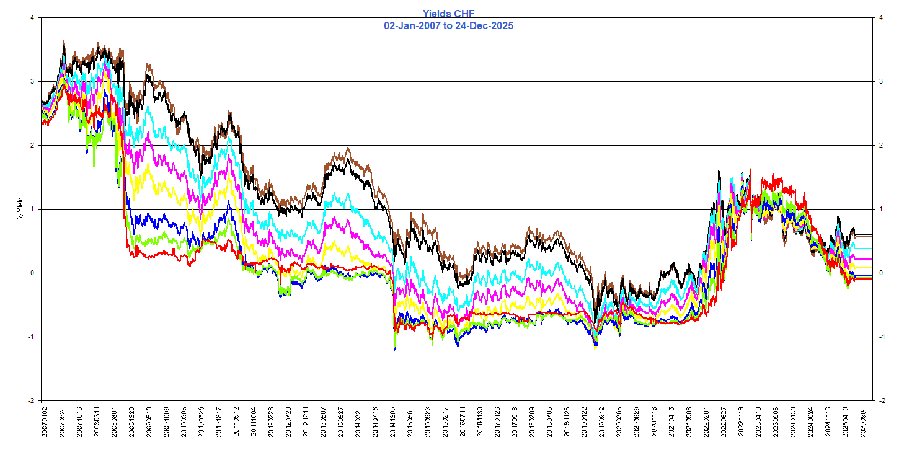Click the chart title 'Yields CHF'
click(x=449, y=13)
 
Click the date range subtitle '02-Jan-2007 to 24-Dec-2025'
click(x=449, y=25)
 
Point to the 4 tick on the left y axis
click(x=32, y=17)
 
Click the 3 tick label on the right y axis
click(x=881, y=81)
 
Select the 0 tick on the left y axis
click(x=32, y=273)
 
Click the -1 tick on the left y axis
click(x=31, y=337)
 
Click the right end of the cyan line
click(x=872, y=248)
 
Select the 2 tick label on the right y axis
click(x=881, y=145)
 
